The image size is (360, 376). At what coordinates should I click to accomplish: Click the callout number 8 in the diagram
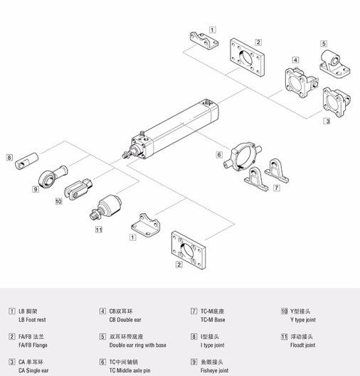click(9, 157)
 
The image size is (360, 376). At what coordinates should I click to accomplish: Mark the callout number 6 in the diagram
click(219, 154)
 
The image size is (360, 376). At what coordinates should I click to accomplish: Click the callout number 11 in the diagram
click(98, 230)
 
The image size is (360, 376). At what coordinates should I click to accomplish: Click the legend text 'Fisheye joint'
click(214, 370)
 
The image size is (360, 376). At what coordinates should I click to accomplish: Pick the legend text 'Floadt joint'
click(302, 345)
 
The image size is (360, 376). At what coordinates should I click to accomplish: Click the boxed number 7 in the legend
click(194, 311)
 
